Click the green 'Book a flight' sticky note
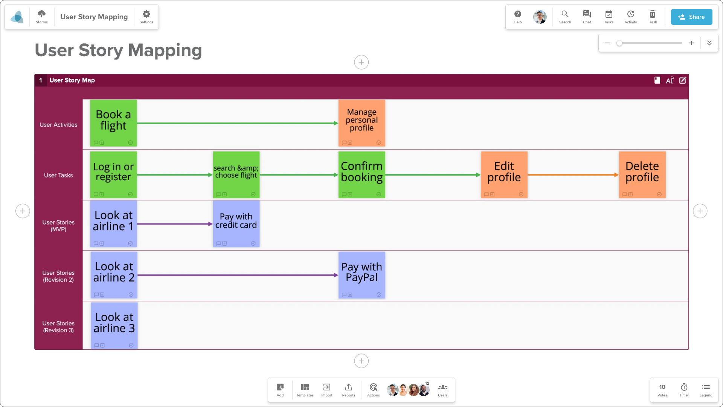click(x=113, y=123)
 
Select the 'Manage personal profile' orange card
click(x=361, y=123)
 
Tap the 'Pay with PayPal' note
click(x=361, y=275)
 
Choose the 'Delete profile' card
click(x=642, y=175)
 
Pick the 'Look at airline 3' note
click(x=114, y=326)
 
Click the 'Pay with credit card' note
click(x=236, y=224)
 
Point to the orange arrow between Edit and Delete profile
click(x=573, y=175)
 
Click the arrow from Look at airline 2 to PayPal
click(x=238, y=275)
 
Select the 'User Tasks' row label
click(x=58, y=175)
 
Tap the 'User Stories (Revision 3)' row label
click(x=58, y=327)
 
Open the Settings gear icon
click(x=146, y=14)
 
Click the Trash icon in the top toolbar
click(x=653, y=14)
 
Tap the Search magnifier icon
click(x=565, y=14)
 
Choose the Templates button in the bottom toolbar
click(x=305, y=390)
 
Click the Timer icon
click(x=684, y=387)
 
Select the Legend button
click(x=706, y=390)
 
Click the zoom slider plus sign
click(x=691, y=43)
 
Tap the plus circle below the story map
click(x=361, y=361)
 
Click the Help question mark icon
click(x=518, y=14)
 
